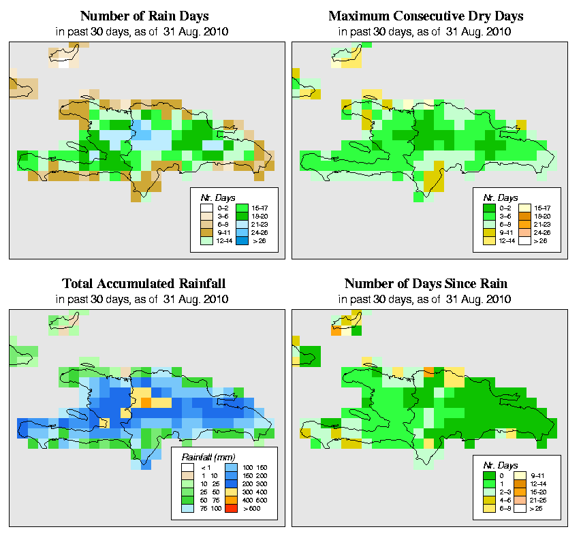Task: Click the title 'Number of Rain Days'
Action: click(144, 16)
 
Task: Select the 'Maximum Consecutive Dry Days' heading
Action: click(426, 16)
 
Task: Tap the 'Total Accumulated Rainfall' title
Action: click(144, 284)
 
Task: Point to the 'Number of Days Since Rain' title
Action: click(426, 284)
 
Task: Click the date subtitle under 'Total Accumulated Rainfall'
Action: click(144, 299)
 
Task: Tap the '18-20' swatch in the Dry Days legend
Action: click(524, 215)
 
